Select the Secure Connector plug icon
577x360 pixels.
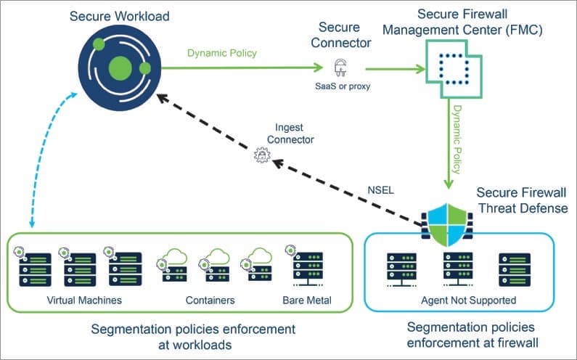click(x=339, y=69)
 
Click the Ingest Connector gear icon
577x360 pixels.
click(x=260, y=154)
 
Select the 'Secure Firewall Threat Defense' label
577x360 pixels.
click(x=516, y=200)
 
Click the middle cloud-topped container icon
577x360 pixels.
click(x=214, y=264)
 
